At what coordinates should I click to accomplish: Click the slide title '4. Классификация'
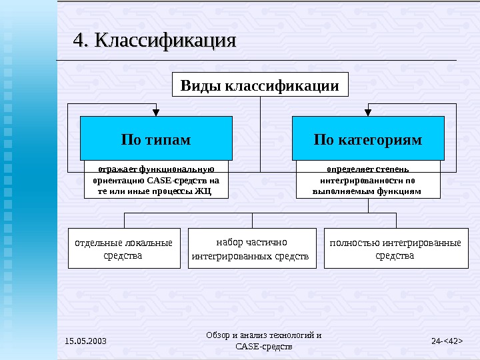pyautogui.click(x=154, y=41)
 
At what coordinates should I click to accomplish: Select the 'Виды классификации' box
pyautogui.click(x=260, y=85)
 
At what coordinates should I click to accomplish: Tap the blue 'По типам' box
pyautogui.click(x=156, y=139)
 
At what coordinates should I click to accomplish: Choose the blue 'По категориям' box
pyautogui.click(x=368, y=139)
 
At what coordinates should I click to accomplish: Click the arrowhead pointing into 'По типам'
pyautogui.click(x=156, y=112)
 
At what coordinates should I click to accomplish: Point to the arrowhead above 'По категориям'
pyautogui.click(x=368, y=112)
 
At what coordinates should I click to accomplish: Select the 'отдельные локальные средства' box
pyautogui.click(x=124, y=249)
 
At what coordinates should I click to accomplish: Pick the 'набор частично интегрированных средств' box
pyautogui.click(x=251, y=249)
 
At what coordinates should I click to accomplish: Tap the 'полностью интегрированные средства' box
pyautogui.click(x=395, y=249)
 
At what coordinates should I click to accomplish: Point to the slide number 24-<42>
pyautogui.click(x=447, y=342)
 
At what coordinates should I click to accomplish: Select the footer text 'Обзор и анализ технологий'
pyautogui.click(x=264, y=335)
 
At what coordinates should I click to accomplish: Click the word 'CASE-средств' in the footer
pyautogui.click(x=264, y=347)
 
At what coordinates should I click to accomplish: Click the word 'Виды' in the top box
pyautogui.click(x=201, y=86)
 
